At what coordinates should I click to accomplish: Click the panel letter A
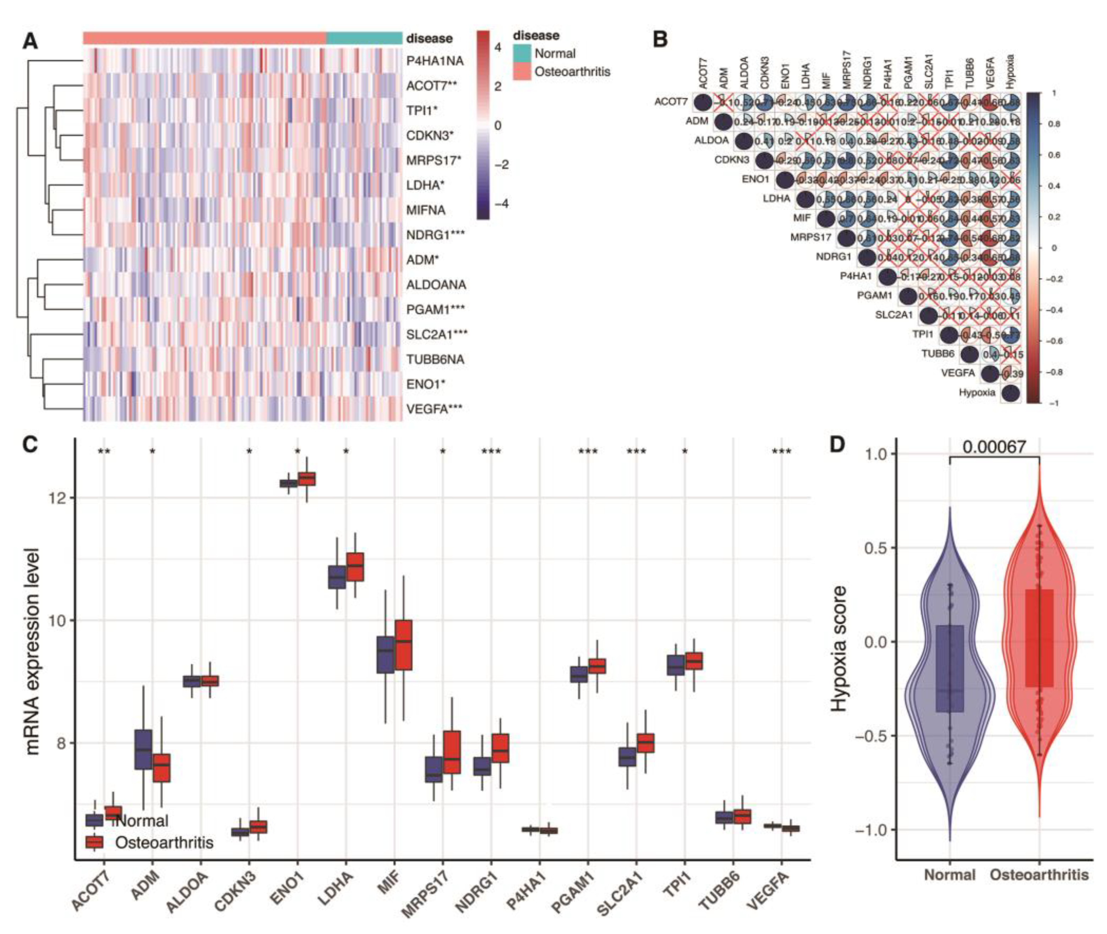tap(30, 40)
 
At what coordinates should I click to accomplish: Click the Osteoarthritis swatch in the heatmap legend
tap(522, 71)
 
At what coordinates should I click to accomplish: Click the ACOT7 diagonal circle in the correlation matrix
tap(702, 102)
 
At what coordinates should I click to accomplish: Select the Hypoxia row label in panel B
tap(977, 393)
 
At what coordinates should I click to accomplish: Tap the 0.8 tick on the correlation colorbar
tap(1053, 124)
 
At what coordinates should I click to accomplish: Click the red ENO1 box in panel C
tap(307, 479)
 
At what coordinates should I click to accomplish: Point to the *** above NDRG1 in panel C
tap(491, 452)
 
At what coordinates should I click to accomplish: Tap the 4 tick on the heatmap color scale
tap(497, 47)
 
